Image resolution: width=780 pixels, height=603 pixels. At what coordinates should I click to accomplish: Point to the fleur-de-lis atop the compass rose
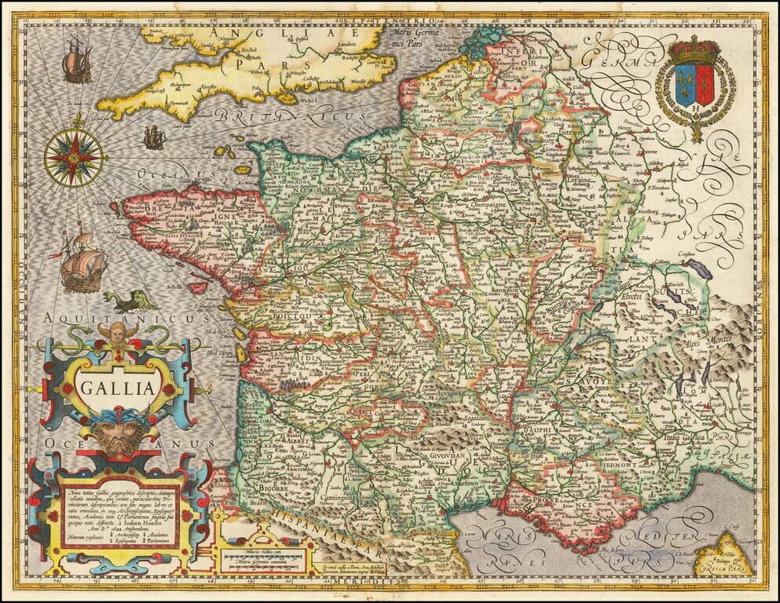[x=78, y=120]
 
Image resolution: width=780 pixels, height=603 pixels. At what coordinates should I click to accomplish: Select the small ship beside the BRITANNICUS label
[x=154, y=139]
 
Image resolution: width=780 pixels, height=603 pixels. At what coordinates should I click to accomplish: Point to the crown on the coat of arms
[x=694, y=52]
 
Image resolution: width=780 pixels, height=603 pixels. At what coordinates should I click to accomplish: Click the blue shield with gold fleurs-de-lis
[x=685, y=86]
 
